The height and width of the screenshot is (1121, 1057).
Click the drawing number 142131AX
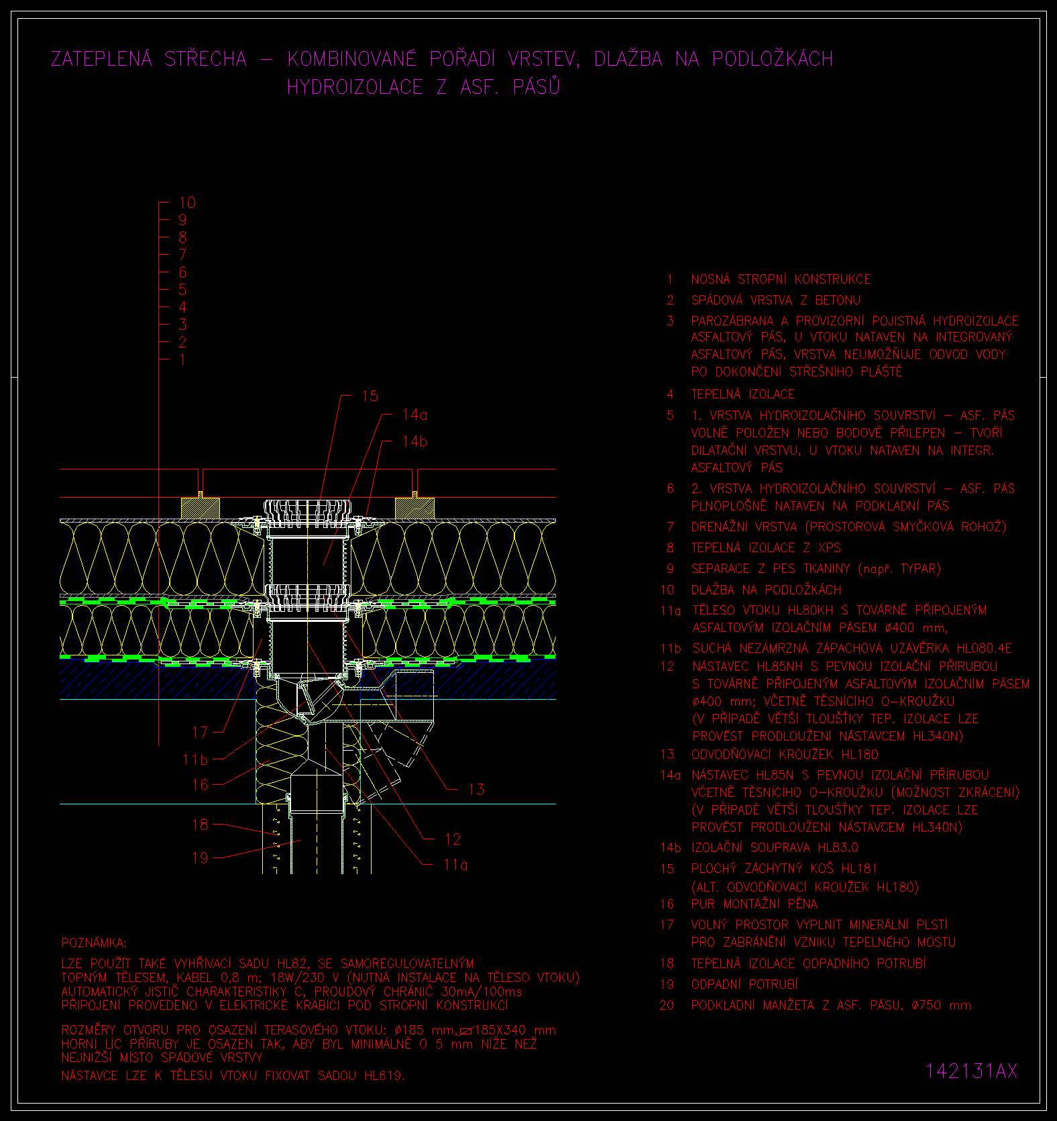click(x=971, y=1071)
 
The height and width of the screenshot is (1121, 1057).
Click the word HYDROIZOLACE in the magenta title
click(x=355, y=87)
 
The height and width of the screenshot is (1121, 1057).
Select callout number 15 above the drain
click(x=370, y=396)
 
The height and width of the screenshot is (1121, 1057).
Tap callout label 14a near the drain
click(x=414, y=415)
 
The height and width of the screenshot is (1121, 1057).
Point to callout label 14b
click(x=414, y=441)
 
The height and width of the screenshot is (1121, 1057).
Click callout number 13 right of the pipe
click(x=476, y=789)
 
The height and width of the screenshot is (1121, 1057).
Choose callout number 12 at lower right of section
click(x=453, y=839)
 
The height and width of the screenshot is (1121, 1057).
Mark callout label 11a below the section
click(x=455, y=865)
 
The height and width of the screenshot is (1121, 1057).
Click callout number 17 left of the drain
click(x=200, y=732)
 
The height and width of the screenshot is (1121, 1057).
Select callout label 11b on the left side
click(x=195, y=759)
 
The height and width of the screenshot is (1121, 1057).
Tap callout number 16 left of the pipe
click(x=200, y=784)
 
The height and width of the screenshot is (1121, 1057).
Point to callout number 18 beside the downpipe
click(x=200, y=824)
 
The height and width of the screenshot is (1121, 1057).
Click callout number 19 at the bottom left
click(x=200, y=857)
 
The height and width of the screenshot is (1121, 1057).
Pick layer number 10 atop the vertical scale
click(x=187, y=202)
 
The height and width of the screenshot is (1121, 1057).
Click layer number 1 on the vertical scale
click(x=182, y=359)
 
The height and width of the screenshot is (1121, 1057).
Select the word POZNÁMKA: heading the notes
click(x=94, y=943)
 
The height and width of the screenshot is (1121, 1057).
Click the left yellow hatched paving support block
click(x=201, y=508)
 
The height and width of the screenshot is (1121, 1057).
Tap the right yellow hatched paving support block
click(x=414, y=508)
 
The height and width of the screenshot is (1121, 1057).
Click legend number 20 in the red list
click(x=667, y=1005)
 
